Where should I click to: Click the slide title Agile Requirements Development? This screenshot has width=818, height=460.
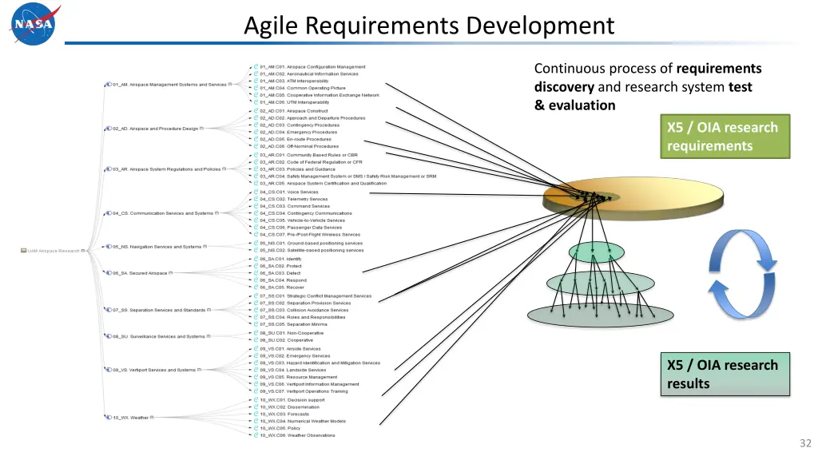(429, 26)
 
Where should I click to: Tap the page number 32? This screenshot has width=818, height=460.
(804, 443)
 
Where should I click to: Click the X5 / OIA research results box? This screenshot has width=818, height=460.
(724, 375)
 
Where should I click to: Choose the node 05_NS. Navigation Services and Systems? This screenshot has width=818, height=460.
(157, 247)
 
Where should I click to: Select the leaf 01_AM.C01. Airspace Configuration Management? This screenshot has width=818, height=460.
(312, 67)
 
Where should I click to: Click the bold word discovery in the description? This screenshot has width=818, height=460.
(564, 87)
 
